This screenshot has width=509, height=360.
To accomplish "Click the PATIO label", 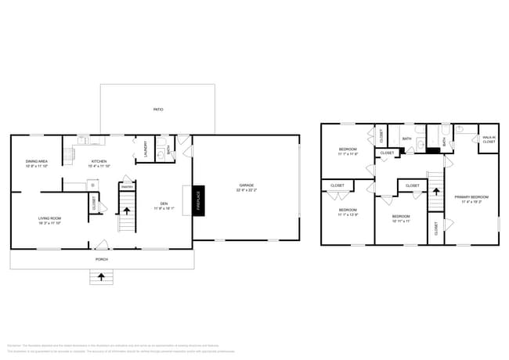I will [x=157, y=110].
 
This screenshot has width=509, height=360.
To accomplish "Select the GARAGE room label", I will [x=246, y=185].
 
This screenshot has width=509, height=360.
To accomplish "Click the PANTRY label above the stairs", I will [x=126, y=187].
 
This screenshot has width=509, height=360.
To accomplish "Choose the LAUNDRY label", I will [x=145, y=149].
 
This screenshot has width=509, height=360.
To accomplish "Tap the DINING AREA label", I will [x=37, y=161].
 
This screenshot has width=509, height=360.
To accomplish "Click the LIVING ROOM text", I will [x=49, y=218].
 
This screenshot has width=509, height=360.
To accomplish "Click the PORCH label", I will [x=101, y=259].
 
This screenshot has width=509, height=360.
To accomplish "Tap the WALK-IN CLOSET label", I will [x=489, y=139].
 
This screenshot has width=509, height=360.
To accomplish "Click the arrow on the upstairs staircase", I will [x=435, y=189].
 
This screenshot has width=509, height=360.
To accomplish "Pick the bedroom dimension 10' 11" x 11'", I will [x=400, y=220].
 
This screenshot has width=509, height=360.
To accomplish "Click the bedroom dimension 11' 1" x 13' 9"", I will [x=348, y=214].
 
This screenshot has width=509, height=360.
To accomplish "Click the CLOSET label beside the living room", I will [x=94, y=203].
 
